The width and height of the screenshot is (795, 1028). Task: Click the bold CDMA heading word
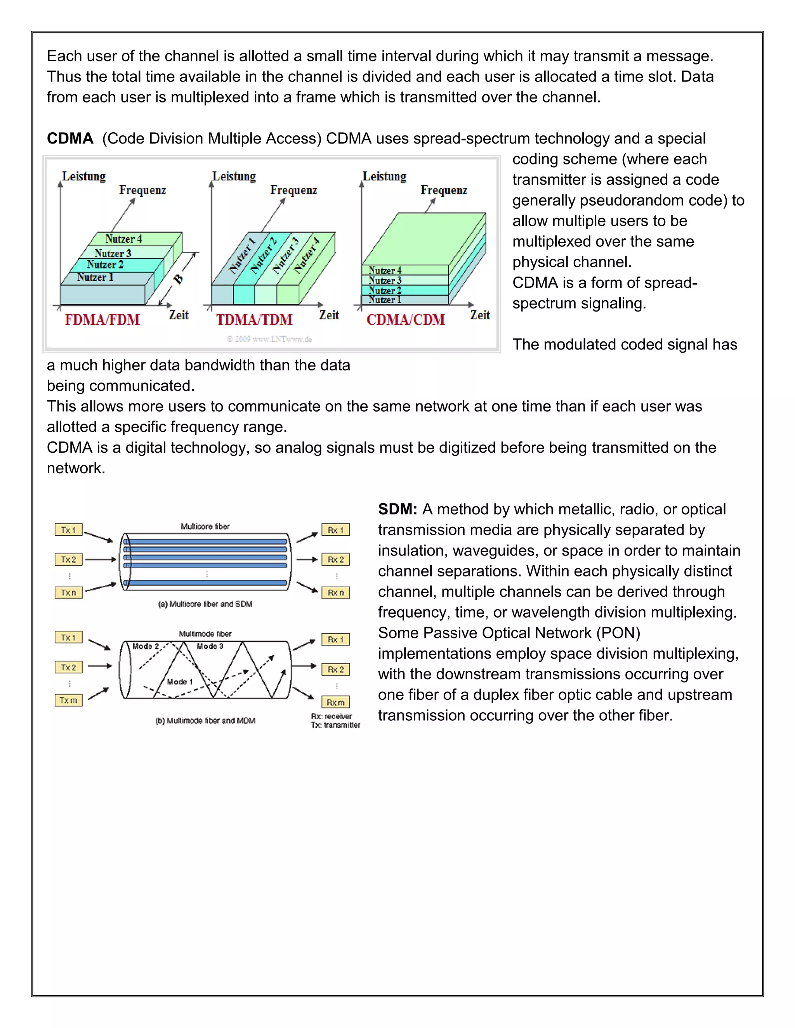[x=70, y=138]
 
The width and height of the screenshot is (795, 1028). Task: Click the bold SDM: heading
[x=397, y=509]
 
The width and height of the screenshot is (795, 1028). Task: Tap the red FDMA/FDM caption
[x=102, y=320]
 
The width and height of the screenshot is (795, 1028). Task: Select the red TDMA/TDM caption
[x=254, y=320]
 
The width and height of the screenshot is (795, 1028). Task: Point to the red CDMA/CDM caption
[x=406, y=320]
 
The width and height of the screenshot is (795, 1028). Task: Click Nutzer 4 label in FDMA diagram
[x=123, y=239]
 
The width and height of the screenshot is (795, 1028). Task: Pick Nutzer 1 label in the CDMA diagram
[x=385, y=300]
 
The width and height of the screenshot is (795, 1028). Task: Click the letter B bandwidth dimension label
[x=178, y=279]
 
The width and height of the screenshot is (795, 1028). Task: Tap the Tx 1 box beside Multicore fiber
[x=68, y=530]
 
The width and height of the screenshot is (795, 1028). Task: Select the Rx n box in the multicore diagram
[x=335, y=593]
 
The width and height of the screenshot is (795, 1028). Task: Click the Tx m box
[x=68, y=700]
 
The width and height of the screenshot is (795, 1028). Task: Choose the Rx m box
[x=335, y=702]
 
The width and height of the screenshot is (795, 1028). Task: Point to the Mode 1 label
[x=180, y=682]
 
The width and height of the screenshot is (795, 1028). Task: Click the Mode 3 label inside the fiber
[x=210, y=646]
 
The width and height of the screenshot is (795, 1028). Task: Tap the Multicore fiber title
[x=205, y=526]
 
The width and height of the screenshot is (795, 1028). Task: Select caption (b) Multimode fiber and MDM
[x=205, y=721]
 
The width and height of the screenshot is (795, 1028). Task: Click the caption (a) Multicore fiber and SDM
[x=205, y=604]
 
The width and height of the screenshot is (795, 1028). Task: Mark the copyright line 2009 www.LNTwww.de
[x=269, y=339]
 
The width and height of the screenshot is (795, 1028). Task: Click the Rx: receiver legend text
[x=331, y=716]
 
